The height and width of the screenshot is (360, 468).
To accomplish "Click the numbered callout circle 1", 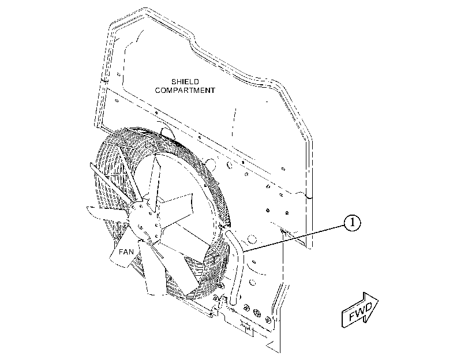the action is (x=353, y=223).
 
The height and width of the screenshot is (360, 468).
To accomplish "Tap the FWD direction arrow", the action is (x=360, y=310).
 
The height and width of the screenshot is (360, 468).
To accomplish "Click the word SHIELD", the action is (x=185, y=81).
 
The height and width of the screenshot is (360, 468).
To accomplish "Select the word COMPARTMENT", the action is (x=185, y=90).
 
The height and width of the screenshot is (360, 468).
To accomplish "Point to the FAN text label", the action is (x=126, y=252).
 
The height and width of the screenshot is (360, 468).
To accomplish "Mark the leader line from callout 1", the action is (x=294, y=237).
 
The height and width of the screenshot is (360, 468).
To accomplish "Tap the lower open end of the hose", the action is (x=233, y=302).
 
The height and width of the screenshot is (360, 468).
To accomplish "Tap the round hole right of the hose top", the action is (x=252, y=239).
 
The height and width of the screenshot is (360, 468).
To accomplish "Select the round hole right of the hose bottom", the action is (x=252, y=282).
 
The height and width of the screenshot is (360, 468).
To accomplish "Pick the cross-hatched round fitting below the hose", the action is (x=256, y=313).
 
